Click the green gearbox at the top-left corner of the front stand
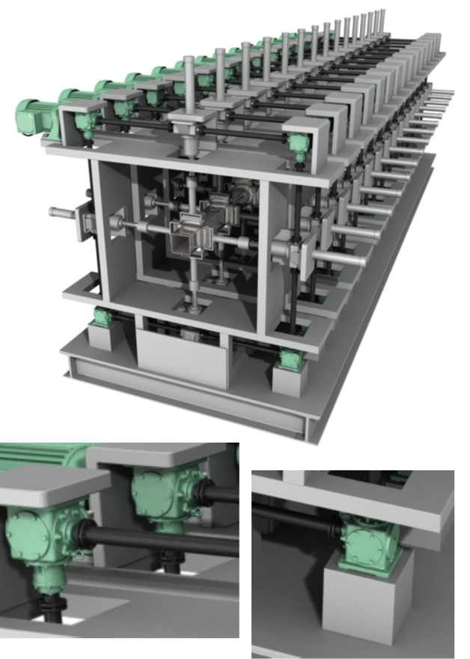point(88,124)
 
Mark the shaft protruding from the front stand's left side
point(63,212)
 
